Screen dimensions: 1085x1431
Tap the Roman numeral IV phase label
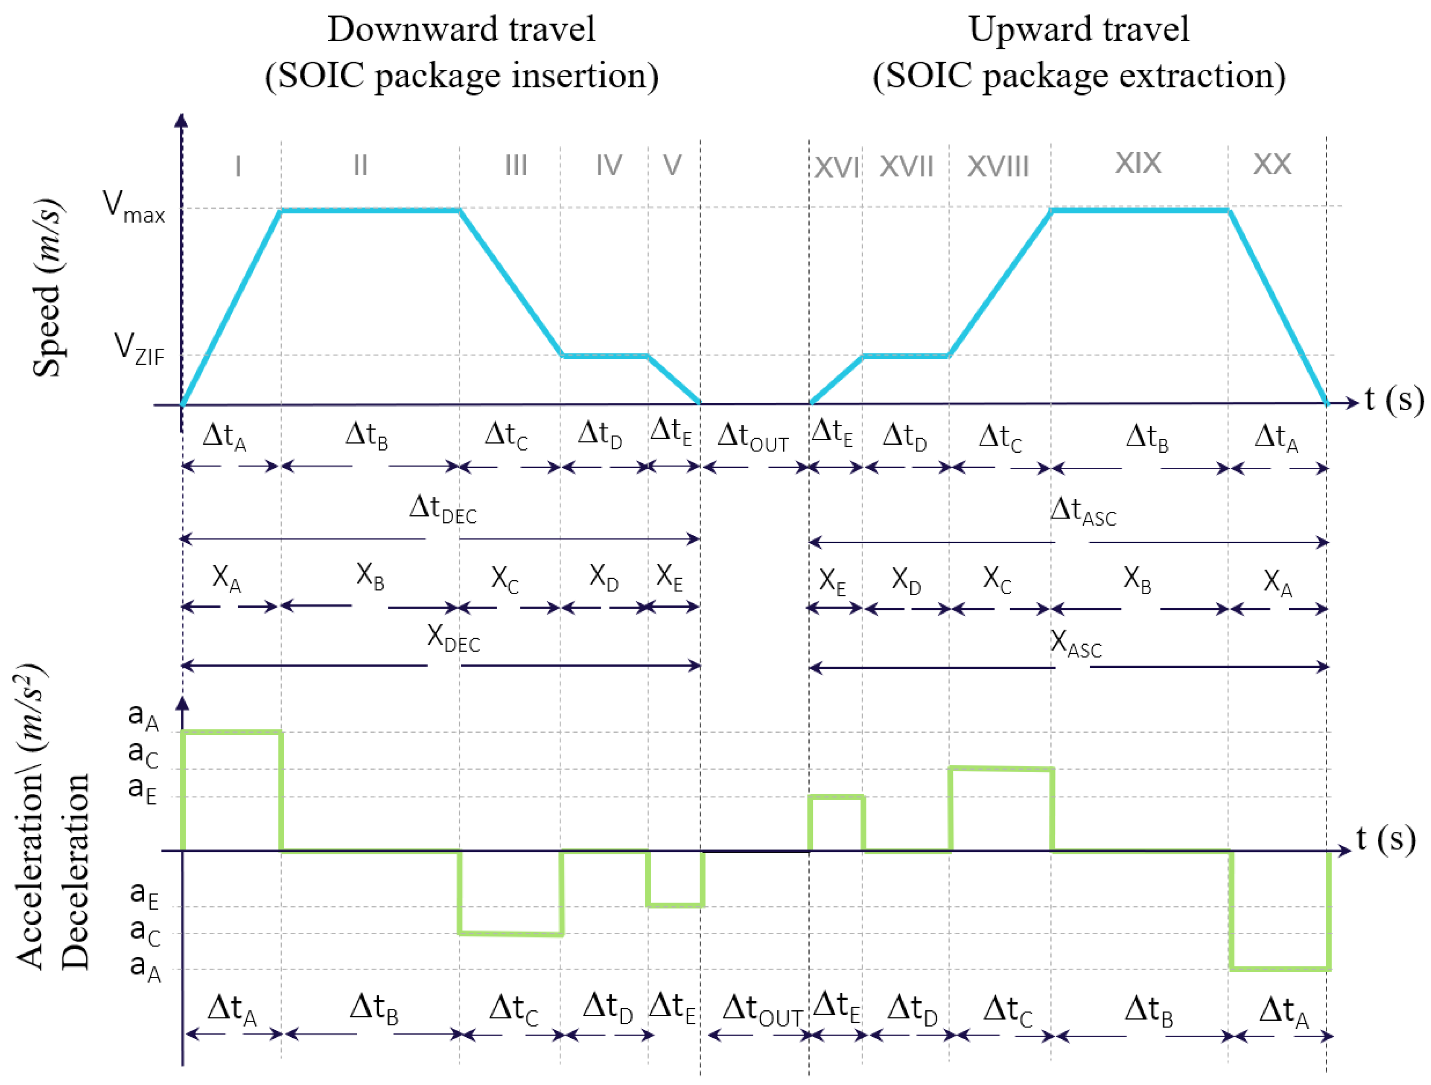pyautogui.click(x=609, y=166)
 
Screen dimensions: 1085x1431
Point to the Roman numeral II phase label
pyautogui.click(x=360, y=166)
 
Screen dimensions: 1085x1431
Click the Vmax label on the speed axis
pyautogui.click(x=135, y=207)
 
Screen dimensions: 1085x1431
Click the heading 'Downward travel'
pyautogui.click(x=461, y=29)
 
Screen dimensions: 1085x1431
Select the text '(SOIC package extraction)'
pyautogui.click(x=1079, y=76)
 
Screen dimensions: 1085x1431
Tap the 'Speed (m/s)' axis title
pyautogui.click(x=48, y=288)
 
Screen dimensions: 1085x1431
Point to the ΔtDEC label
pyautogui.click(x=443, y=509)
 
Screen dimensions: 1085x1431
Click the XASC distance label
pyautogui.click(x=1076, y=644)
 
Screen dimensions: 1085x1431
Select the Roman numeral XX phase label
pyautogui.click(x=1272, y=164)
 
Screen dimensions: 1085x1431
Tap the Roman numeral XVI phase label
pyautogui.click(x=836, y=168)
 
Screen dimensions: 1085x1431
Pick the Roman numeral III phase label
pyautogui.click(x=516, y=166)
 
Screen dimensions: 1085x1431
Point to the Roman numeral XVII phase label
pyautogui.click(x=906, y=167)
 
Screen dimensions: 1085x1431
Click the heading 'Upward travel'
pyautogui.click(x=1079, y=29)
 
